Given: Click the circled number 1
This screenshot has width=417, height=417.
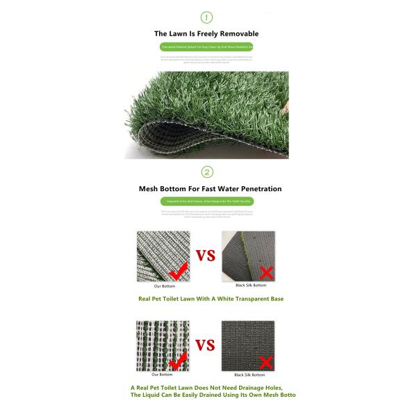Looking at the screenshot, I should (x=206, y=17).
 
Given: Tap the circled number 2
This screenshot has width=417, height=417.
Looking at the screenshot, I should (x=206, y=172).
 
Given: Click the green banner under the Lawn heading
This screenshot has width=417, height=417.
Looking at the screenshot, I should (x=206, y=47).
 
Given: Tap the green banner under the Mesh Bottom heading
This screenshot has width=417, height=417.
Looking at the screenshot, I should (x=206, y=202).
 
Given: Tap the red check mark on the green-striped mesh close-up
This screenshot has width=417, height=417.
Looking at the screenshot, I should (x=179, y=360).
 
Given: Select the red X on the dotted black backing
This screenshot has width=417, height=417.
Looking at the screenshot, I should (x=264, y=361).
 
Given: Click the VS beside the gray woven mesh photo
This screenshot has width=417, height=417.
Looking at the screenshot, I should (x=205, y=256).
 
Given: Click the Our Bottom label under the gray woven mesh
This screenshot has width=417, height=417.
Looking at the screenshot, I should (x=165, y=286).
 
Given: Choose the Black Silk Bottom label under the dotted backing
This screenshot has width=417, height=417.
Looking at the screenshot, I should (x=249, y=375).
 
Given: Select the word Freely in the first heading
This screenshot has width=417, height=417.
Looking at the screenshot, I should (x=197, y=33).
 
